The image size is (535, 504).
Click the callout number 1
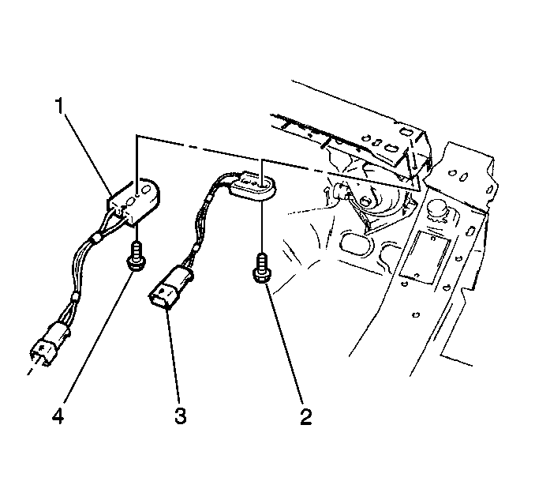59,106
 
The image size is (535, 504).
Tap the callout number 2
306,416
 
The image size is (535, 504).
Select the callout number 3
180,416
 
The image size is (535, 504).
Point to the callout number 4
58,416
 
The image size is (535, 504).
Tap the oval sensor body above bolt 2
254,187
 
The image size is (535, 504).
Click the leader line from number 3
173,355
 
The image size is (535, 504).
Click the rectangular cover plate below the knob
425,257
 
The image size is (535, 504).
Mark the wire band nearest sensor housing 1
95,238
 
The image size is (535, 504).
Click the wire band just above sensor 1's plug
73,298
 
